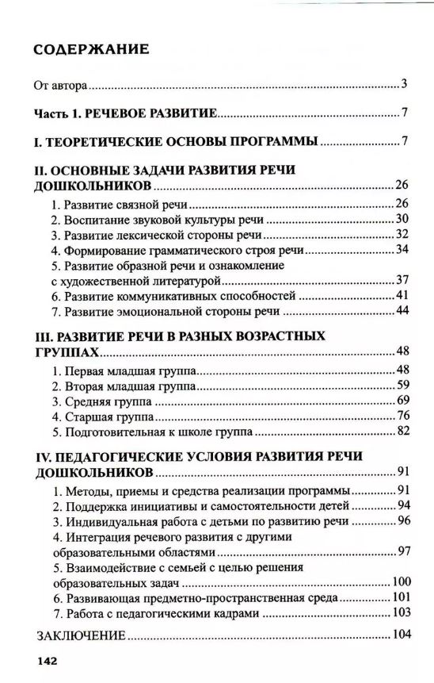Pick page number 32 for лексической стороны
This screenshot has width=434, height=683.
pyautogui.click(x=401, y=234)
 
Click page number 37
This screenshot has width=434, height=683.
pyautogui.click(x=401, y=280)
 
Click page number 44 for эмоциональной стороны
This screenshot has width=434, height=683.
pyautogui.click(x=401, y=310)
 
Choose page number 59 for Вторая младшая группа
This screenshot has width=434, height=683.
pyautogui.click(x=401, y=386)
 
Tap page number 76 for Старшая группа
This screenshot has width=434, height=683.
pyautogui.click(x=401, y=416)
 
